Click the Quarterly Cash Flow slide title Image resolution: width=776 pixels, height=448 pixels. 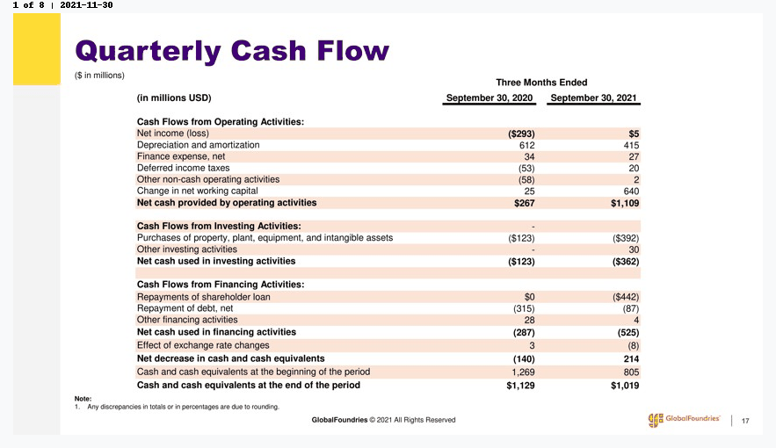[232, 52]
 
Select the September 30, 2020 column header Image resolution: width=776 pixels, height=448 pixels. [490, 98]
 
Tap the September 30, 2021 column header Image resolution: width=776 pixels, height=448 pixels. [593, 98]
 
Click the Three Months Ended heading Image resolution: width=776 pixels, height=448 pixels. [541, 83]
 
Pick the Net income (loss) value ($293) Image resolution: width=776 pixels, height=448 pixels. [521, 134]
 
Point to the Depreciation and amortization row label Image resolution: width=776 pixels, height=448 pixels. [198, 145]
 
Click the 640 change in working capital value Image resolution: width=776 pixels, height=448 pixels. [631, 191]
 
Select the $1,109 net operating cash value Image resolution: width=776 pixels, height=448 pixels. [625, 203]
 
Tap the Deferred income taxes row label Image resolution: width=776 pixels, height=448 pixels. [183, 168]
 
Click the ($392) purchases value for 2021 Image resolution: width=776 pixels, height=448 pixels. [626, 238]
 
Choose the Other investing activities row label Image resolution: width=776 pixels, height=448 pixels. [186, 249]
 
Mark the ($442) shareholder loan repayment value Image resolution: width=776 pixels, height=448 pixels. [626, 297]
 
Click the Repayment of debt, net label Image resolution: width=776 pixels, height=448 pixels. [185, 308]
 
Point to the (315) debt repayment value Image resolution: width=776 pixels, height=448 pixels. [524, 308]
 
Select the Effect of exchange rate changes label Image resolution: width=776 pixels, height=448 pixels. [203, 345]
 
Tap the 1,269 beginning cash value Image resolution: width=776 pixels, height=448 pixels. [523, 372]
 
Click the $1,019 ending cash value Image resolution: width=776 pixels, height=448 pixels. [625, 386]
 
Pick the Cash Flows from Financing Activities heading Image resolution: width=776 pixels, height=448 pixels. [221, 285]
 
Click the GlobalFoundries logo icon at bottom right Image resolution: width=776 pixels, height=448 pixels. [656, 420]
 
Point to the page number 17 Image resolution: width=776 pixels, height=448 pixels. [745, 421]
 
